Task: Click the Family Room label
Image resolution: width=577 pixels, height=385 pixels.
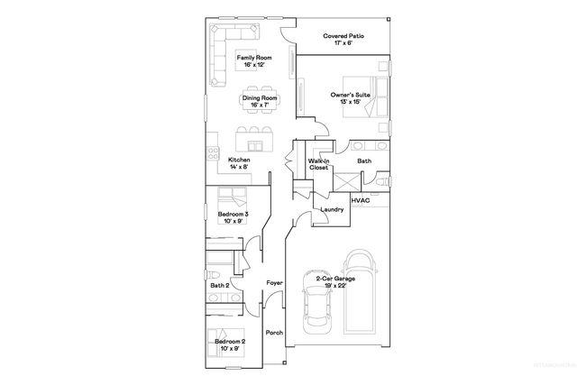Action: (x=254, y=61)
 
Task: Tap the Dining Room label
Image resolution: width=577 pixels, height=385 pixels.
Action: (x=259, y=102)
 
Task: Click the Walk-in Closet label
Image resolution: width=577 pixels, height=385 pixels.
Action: (x=317, y=163)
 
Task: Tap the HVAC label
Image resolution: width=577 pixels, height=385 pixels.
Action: (x=361, y=200)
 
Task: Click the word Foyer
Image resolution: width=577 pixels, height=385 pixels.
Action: (x=274, y=283)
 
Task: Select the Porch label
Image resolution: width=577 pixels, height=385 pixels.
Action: (x=274, y=333)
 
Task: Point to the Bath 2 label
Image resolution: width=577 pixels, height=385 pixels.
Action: (x=219, y=286)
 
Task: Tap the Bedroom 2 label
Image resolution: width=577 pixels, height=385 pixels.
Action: (x=231, y=344)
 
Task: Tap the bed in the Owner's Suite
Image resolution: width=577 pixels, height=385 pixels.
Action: (x=370, y=93)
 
